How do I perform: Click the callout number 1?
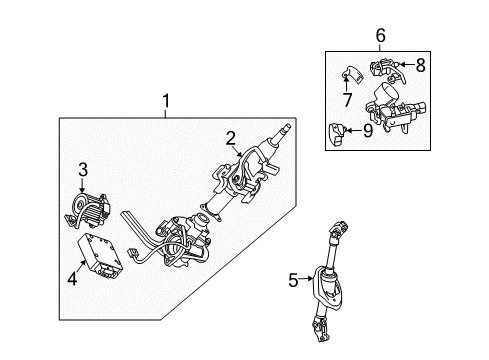(166, 101)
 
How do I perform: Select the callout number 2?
(230, 138)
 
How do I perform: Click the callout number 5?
(292, 280)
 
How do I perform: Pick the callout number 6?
(380, 36)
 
